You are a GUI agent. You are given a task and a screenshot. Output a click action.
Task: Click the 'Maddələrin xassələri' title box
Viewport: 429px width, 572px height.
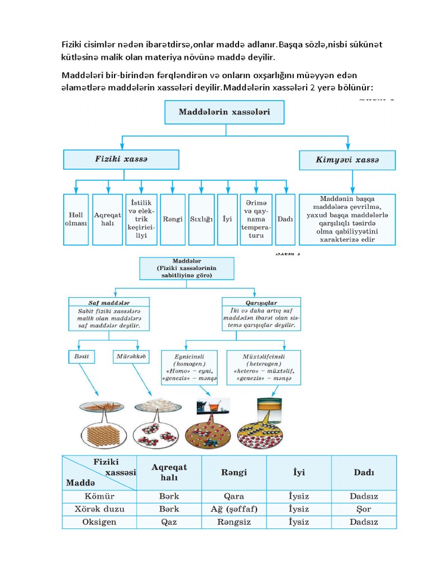click(225, 112)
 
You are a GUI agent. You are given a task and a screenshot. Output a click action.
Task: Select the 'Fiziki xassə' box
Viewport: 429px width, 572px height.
click(121, 159)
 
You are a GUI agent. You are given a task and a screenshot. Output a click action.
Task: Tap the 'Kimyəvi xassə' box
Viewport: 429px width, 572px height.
click(347, 160)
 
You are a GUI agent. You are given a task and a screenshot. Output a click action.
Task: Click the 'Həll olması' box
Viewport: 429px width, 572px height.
click(75, 219)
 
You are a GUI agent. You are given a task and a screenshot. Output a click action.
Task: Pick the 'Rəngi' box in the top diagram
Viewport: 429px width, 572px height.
click(173, 219)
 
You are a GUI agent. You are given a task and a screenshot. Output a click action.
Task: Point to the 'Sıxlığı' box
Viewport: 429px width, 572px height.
click(201, 219)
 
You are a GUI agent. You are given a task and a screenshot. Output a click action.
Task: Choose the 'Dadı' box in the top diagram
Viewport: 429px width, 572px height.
click(285, 219)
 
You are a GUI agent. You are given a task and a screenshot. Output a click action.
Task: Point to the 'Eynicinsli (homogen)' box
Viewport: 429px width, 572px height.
click(189, 367)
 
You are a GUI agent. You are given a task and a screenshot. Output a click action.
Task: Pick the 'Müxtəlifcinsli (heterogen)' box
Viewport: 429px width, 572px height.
click(264, 367)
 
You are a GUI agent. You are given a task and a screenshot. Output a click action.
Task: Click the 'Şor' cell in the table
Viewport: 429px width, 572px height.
click(364, 509)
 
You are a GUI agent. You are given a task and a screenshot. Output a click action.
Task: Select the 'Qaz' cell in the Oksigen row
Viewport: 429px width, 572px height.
click(169, 522)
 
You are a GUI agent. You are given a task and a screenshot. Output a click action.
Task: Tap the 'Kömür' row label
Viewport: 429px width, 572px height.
click(99, 496)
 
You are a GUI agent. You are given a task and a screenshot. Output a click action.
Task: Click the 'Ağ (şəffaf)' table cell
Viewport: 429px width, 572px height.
click(233, 509)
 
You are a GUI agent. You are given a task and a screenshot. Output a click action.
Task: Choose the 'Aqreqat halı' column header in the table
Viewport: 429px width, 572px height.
click(169, 472)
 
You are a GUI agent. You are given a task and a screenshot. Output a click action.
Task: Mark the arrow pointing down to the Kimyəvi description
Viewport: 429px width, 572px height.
click(352, 182)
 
